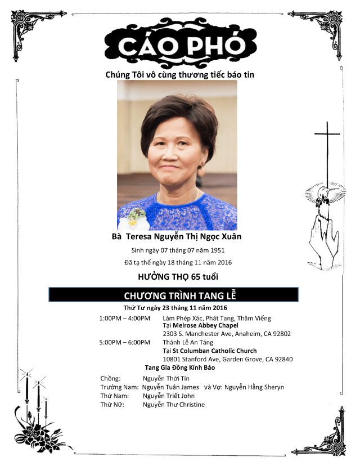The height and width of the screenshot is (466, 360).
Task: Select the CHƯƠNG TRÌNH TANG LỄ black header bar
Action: pyautogui.click(x=173, y=295)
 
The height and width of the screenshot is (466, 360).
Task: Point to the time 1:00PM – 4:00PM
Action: pyautogui.click(x=124, y=318)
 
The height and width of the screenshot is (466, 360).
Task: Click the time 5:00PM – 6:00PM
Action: pyautogui.click(x=124, y=342)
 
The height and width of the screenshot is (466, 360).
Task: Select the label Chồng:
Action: pyautogui.click(x=110, y=379)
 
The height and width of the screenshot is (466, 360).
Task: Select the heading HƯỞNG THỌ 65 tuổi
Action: pyautogui.click(x=178, y=277)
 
